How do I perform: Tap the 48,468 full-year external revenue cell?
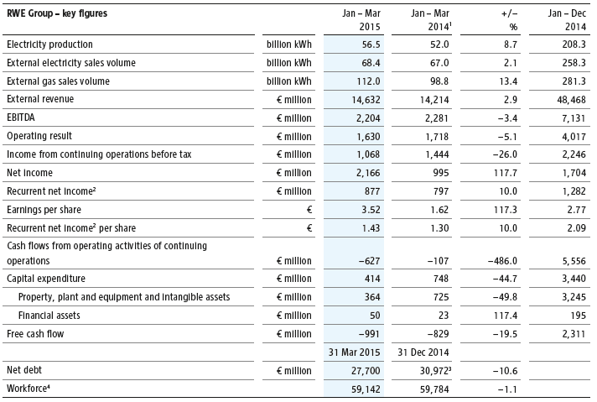tap(567, 100)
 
